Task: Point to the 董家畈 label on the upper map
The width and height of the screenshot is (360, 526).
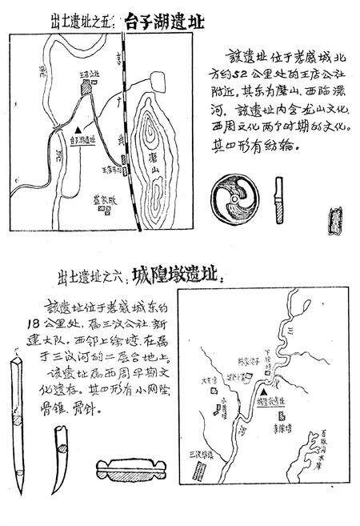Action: pyautogui.click(x=102, y=202)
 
